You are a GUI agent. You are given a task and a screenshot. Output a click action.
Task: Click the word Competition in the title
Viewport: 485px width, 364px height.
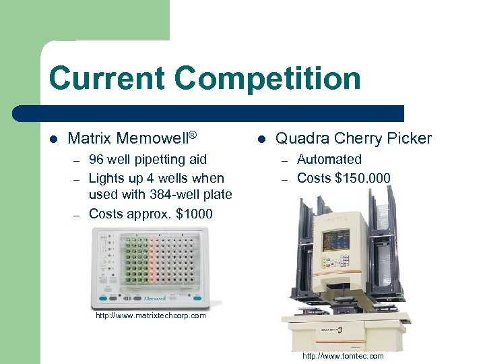point(267,79)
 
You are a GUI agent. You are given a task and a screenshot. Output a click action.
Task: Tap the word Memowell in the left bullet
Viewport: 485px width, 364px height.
point(152,139)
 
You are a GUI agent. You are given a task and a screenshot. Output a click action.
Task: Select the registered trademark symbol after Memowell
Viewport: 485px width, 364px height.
point(192,135)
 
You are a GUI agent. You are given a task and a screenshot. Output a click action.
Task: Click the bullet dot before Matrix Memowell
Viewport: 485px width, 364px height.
point(53,140)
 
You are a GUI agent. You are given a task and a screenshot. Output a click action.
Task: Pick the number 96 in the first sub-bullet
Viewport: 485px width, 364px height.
point(96,160)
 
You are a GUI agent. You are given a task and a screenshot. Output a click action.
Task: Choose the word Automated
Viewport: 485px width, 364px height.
point(329,160)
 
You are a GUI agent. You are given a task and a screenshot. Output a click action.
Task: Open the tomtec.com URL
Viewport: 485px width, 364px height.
point(343,356)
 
